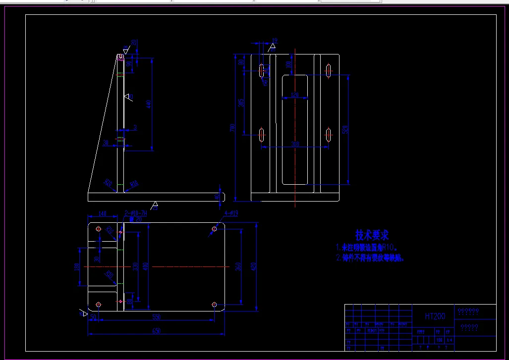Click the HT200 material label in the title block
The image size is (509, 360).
pyautogui.click(x=435, y=316)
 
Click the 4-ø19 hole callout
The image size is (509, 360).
pyautogui.click(x=231, y=213)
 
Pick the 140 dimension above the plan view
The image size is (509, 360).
pyautogui.click(x=103, y=213)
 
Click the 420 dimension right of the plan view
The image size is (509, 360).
pyautogui.click(x=254, y=266)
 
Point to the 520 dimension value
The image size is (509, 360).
pyautogui.click(x=345, y=130)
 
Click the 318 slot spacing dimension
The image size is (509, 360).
pyautogui.click(x=295, y=144)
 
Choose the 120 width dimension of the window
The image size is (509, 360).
pyautogui.click(x=294, y=95)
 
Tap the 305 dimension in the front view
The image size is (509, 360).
pyautogui.click(x=241, y=103)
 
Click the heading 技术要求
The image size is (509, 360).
pyautogui.click(x=372, y=235)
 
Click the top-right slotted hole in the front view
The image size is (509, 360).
pyautogui.click(x=329, y=70)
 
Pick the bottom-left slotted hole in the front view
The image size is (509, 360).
pyautogui.click(x=261, y=134)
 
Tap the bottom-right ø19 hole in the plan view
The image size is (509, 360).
pyautogui.click(x=214, y=304)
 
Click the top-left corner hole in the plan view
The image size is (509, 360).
pyautogui.click(x=98, y=229)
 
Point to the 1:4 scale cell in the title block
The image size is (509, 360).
pyautogui.click(x=450, y=340)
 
